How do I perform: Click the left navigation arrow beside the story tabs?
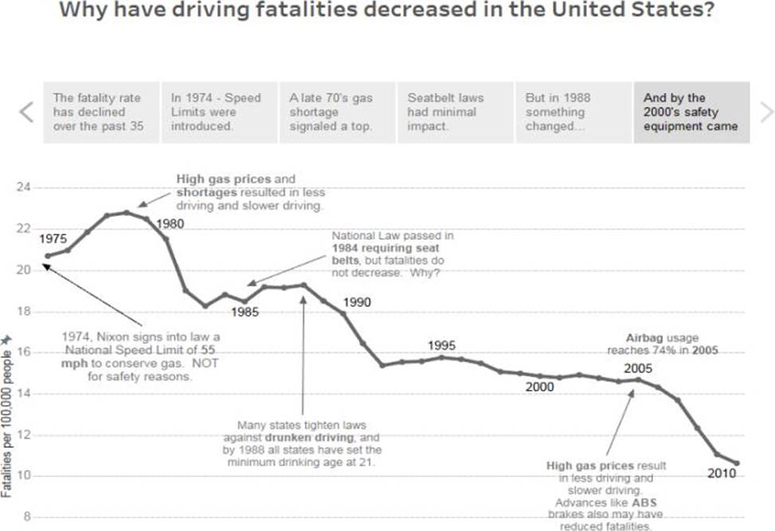[x=25, y=112]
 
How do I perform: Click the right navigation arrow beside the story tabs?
[x=766, y=112]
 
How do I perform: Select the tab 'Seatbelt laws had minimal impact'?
[x=455, y=112]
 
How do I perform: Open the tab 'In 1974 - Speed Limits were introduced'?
[x=219, y=112]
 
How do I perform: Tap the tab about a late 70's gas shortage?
[x=336, y=112]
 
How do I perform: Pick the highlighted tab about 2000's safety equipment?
[x=691, y=112]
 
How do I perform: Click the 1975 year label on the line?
[x=53, y=238]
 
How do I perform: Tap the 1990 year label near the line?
[x=358, y=303]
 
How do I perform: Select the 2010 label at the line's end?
[x=722, y=474]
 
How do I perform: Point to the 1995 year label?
[x=441, y=345]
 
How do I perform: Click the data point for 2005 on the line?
[x=637, y=380]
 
